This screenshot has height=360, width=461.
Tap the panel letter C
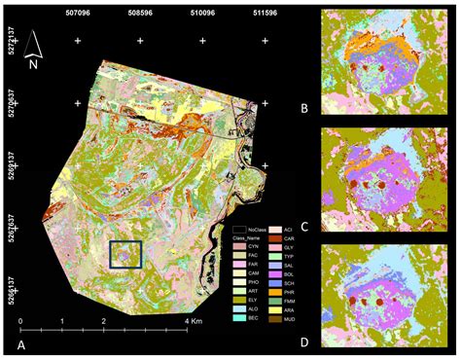pyautogui.click(x=304, y=227)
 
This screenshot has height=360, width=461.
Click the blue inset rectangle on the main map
pyautogui.click(x=125, y=254)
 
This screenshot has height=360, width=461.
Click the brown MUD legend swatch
pyautogui.click(x=271, y=316)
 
